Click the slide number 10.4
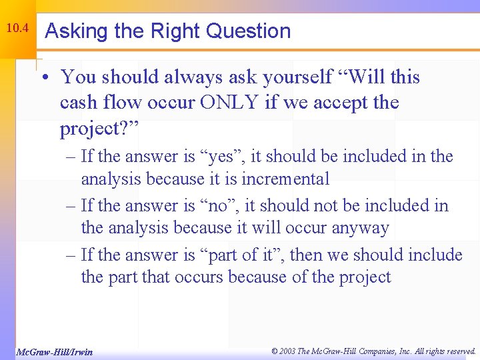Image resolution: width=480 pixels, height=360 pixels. tap(17, 29)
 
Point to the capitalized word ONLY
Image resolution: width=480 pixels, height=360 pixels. tap(253, 103)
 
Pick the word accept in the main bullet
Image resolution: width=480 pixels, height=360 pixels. tap(341, 103)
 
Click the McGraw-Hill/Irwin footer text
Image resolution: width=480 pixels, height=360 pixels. tap(54, 352)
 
